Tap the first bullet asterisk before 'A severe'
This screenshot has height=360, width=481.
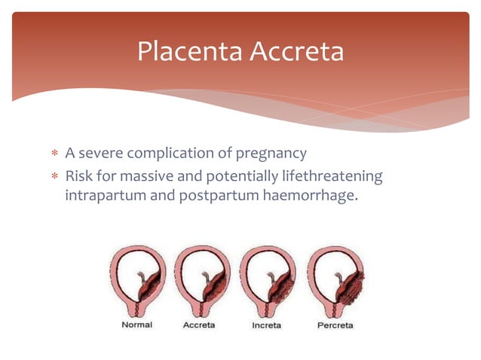point(54,154)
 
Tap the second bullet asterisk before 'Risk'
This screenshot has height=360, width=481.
point(54,177)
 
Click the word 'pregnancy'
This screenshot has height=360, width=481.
point(272,154)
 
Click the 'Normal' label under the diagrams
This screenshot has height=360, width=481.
point(136,325)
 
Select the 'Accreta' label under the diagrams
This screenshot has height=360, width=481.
point(201,325)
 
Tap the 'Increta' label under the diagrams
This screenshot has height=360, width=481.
point(266,325)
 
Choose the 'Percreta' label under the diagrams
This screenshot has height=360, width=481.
point(335,325)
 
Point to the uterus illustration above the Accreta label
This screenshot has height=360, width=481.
point(203,282)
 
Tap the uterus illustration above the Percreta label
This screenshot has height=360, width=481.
point(337,282)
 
